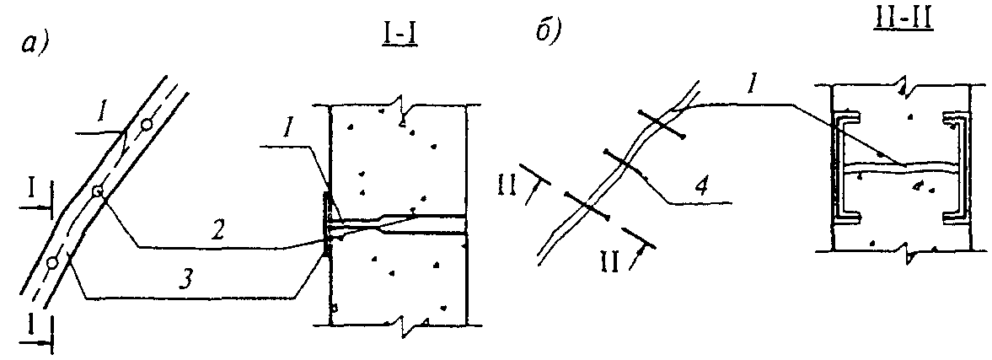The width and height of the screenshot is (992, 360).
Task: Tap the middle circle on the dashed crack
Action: pyautogui.click(x=98, y=191)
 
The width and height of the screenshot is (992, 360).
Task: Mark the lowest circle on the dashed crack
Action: pyautogui.click(x=53, y=261)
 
